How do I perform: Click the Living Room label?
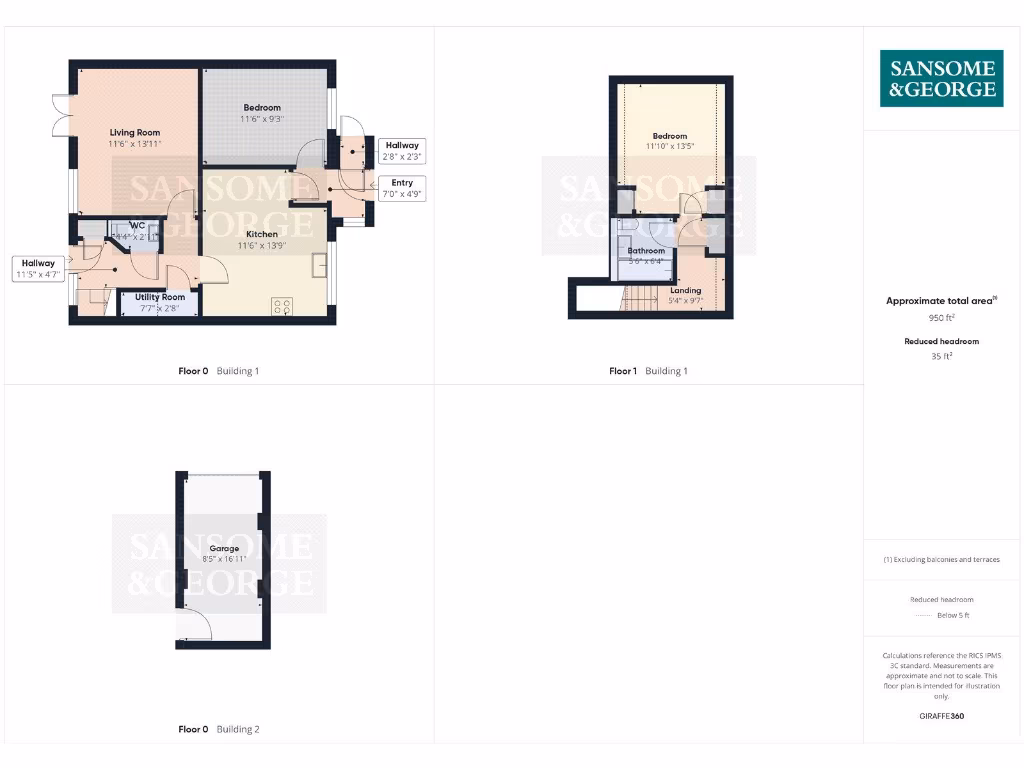[x=135, y=138]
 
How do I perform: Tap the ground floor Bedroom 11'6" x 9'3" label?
[x=262, y=113]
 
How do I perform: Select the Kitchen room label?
[x=258, y=240]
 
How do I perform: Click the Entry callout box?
[x=402, y=188]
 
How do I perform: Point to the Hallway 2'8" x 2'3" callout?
[x=402, y=151]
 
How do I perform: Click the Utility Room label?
[x=160, y=302]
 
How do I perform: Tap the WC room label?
[x=138, y=231]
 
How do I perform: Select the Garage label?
[x=224, y=554]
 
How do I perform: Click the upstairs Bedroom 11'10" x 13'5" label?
[x=670, y=142]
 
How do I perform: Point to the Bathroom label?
[x=646, y=256]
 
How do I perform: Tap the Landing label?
[x=686, y=295]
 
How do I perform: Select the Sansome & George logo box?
[x=942, y=79]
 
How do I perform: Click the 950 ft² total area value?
[x=942, y=318]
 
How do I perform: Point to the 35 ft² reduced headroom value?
[x=942, y=355]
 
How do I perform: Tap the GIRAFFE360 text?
[x=942, y=716]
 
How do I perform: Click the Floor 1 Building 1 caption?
[x=648, y=371]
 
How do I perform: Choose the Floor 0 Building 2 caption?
[x=218, y=730]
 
